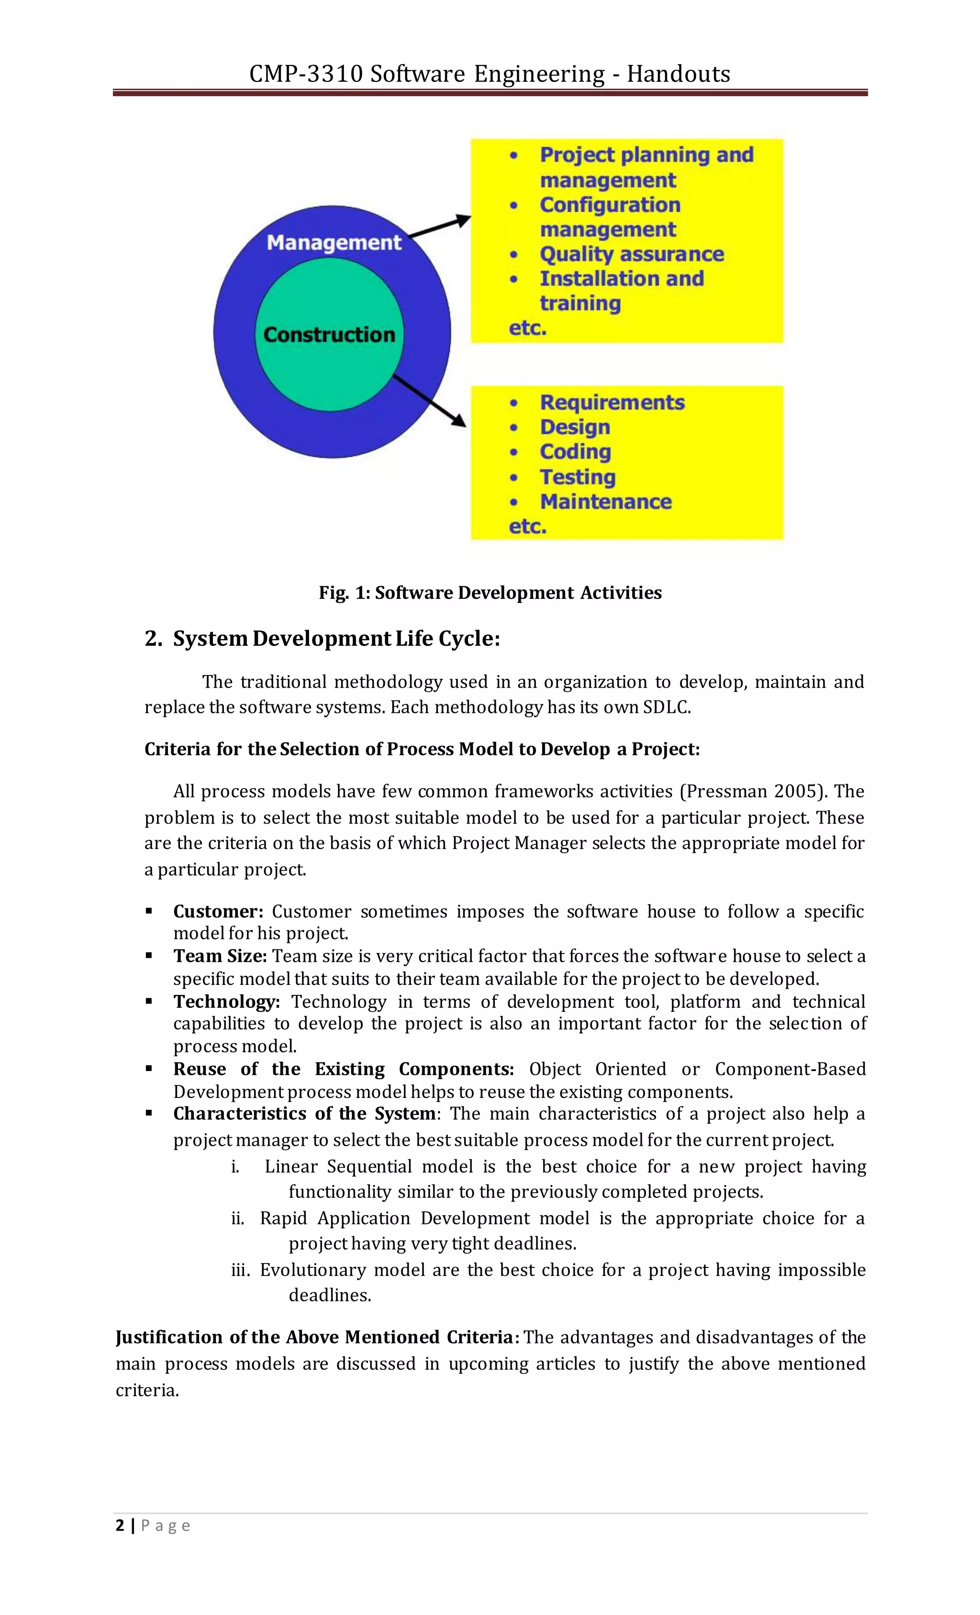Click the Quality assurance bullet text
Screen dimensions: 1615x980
(x=632, y=254)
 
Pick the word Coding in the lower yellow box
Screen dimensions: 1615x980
(x=575, y=452)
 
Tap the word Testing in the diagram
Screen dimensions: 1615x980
(x=577, y=477)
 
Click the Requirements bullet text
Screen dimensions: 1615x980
(x=612, y=403)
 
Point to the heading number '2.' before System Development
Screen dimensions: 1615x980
(x=153, y=638)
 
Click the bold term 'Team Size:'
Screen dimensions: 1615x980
(x=220, y=956)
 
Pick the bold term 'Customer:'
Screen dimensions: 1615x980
(x=218, y=912)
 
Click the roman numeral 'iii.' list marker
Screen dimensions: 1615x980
(x=240, y=1270)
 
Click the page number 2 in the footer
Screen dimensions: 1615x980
(x=119, y=1526)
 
